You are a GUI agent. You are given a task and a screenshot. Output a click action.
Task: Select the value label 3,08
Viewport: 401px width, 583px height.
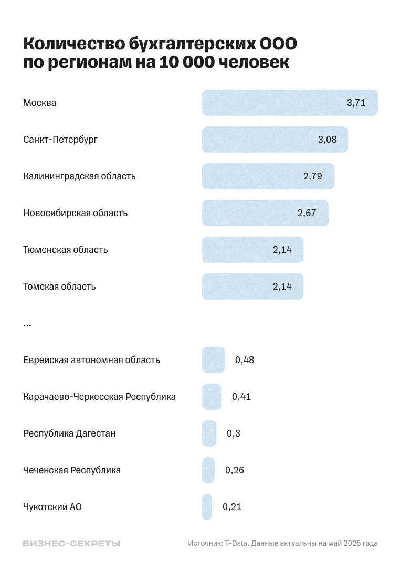coord(327,140)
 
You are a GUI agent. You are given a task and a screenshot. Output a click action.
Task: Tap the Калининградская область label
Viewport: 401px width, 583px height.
coord(79,176)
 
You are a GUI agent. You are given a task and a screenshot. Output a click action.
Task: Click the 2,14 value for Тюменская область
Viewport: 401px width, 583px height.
coord(282,250)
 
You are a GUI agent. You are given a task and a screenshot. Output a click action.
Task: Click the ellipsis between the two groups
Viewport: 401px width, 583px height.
coord(27,325)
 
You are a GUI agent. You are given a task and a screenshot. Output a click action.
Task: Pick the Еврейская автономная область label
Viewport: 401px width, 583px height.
coord(91,360)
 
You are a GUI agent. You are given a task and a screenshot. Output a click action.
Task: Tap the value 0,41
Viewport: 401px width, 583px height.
coord(241,397)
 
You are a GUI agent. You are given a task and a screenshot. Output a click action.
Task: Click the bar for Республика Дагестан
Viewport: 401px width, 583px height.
coord(209,433)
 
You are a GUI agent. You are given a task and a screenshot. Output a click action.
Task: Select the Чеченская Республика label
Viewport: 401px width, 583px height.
coord(72,470)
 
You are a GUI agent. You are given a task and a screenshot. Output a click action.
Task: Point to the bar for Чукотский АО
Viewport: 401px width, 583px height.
coord(207,507)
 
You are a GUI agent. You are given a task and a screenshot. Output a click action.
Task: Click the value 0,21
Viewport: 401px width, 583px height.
coord(232,507)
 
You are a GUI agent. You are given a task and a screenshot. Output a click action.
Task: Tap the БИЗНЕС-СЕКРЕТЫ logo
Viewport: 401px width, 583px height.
coord(71,544)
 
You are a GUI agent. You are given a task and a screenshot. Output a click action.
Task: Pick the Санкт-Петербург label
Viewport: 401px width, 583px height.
coord(60,140)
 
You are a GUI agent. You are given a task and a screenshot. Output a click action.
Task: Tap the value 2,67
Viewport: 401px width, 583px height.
coord(307,213)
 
